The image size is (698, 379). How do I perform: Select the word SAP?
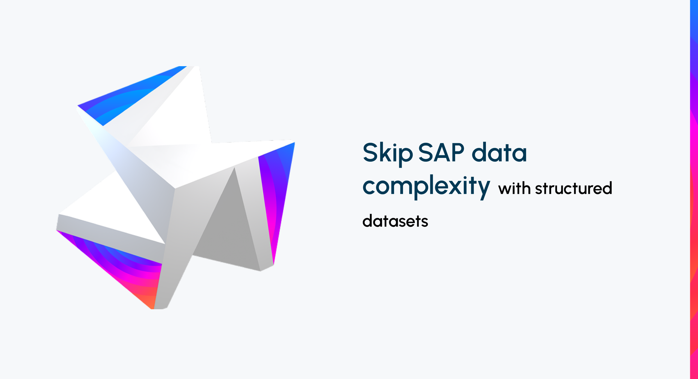pyautogui.click(x=441, y=152)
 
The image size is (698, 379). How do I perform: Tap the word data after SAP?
pyautogui.click(x=499, y=152)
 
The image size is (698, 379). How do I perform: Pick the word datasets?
pyautogui.click(x=395, y=221)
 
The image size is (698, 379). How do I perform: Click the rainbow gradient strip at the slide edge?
pyautogui.click(x=694, y=189)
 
